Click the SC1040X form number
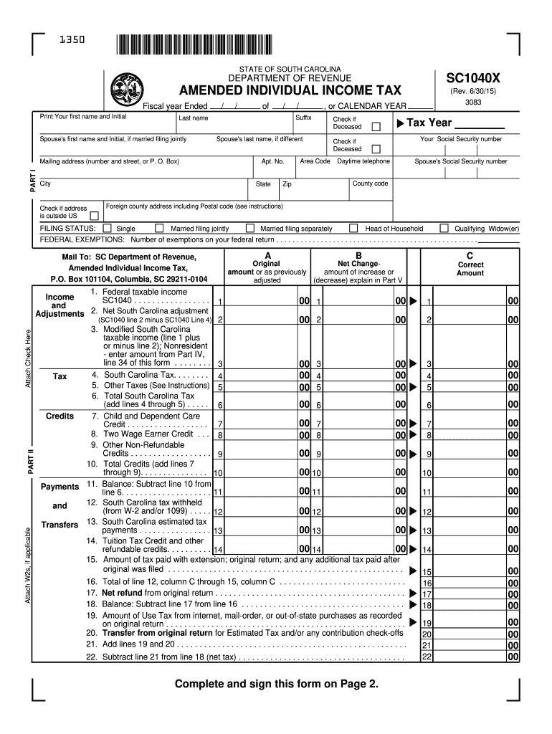(x=473, y=77)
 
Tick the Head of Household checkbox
(x=353, y=229)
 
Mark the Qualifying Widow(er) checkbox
(x=444, y=229)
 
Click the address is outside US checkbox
(x=94, y=216)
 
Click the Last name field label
(x=194, y=118)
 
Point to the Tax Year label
(x=429, y=123)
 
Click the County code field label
(x=371, y=183)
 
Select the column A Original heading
(x=267, y=264)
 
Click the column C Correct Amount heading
(x=470, y=269)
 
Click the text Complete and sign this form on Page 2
(x=277, y=684)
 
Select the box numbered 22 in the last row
(x=427, y=657)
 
